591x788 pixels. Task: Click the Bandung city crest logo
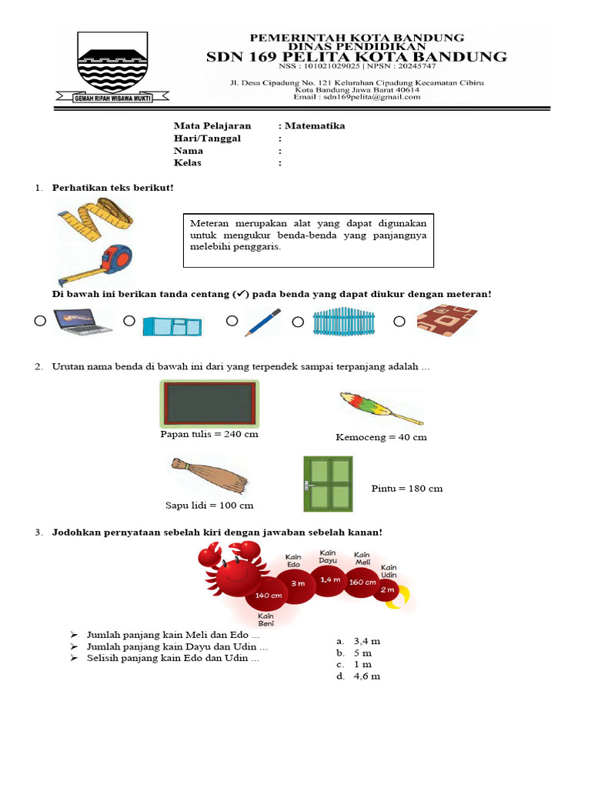pos(112,66)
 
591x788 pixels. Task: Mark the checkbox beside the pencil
pos(232,320)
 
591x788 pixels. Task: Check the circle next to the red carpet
pos(399,320)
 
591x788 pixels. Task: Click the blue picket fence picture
pos(343,322)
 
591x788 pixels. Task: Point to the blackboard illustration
pos(208,403)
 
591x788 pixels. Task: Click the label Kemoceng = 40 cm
pos(381,437)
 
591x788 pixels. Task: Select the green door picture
pos(327,483)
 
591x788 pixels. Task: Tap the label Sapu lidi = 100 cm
pos(209,506)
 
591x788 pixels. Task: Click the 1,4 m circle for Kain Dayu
pos(328,579)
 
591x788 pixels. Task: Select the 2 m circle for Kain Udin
pos(388,589)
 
